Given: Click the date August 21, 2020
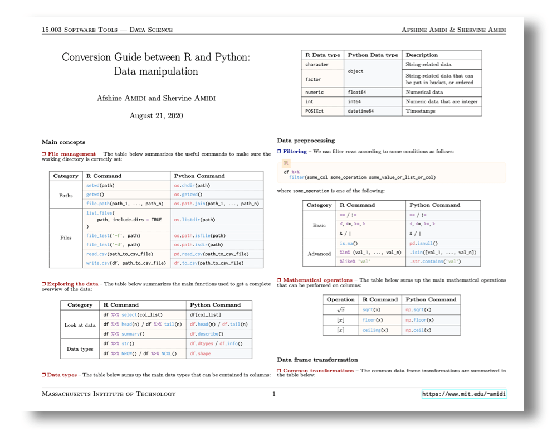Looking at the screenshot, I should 156,116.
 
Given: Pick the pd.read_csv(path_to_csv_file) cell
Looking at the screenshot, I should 211,254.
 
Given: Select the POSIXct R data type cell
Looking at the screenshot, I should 314,111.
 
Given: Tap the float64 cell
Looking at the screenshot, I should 356,92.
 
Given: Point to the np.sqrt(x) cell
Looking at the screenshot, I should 418,309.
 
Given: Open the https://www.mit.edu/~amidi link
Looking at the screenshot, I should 464,394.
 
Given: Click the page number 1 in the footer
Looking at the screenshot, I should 273,394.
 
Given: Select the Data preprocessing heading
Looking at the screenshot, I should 306,141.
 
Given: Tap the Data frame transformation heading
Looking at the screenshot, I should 317,360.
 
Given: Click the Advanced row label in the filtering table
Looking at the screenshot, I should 319,254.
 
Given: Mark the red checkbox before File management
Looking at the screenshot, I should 44,153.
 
